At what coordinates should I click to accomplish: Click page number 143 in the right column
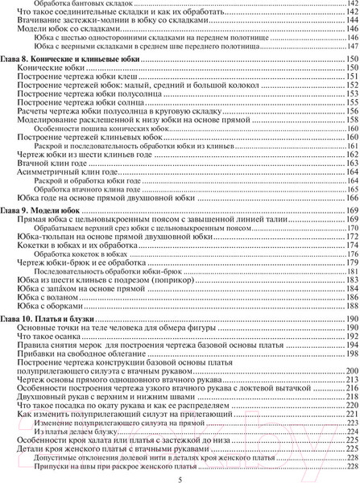350,14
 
